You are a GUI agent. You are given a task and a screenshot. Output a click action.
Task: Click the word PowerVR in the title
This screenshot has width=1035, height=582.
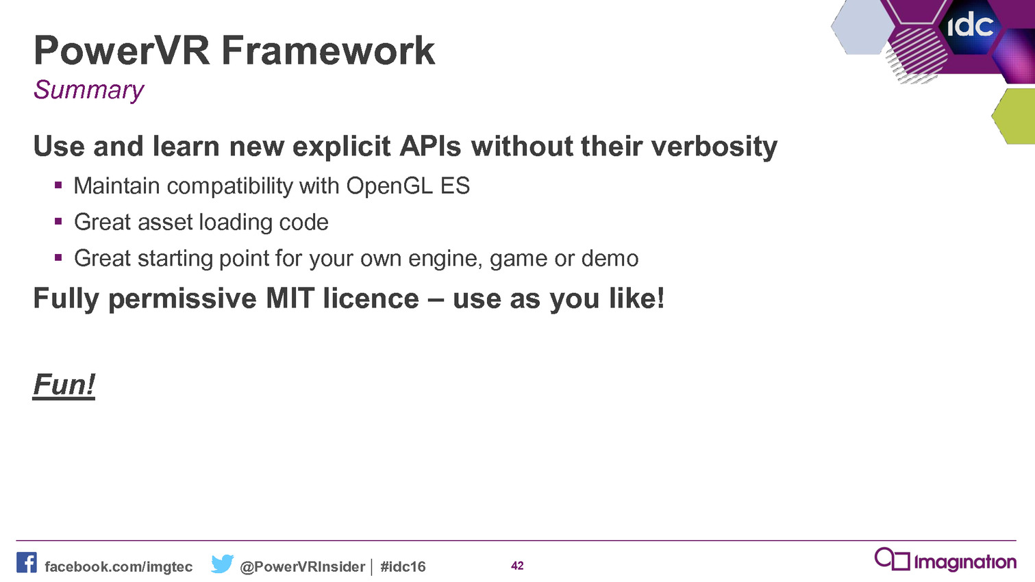pos(121,51)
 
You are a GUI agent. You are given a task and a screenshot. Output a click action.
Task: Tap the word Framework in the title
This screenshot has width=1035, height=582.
pos(328,51)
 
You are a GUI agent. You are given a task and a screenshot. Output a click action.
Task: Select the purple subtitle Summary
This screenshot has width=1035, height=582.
pos(89,90)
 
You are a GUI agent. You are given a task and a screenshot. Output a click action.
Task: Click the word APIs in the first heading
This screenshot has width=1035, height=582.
pos(430,147)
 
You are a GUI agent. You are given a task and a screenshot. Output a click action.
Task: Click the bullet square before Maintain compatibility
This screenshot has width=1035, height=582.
pos(58,186)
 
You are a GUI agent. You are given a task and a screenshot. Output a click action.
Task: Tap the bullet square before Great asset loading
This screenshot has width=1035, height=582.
pos(58,222)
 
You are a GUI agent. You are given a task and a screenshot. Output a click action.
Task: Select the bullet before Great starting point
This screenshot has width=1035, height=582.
pos(58,257)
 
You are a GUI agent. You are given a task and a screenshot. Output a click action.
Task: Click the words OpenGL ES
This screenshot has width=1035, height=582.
pos(408,186)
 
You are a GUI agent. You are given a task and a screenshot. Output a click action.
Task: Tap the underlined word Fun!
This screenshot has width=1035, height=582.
pos(64,385)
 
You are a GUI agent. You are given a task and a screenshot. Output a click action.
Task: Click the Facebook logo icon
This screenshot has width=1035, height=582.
pos(27,563)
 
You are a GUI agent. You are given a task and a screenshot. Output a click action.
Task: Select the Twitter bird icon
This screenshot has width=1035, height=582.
pos(222,564)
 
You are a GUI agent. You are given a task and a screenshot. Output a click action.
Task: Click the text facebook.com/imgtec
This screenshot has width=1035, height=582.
pos(119,567)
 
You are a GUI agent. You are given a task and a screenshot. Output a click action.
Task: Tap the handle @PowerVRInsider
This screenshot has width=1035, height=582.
pos(303,567)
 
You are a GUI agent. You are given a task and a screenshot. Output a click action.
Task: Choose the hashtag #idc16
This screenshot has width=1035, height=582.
pos(403,567)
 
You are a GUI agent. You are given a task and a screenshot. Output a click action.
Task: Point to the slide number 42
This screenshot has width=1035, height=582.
pos(518,566)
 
